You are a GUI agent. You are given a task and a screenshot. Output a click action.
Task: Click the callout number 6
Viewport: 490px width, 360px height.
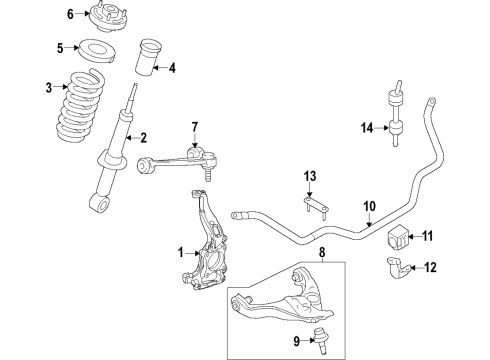coord(70,14)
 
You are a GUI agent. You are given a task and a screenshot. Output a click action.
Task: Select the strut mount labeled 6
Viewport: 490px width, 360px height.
coord(102,16)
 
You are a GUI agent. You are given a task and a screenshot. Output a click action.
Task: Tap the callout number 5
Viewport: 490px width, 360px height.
coord(60,47)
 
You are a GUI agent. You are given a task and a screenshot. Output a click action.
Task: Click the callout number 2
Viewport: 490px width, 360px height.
coord(143,137)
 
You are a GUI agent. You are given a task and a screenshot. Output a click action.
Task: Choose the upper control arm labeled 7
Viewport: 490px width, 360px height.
coord(176,155)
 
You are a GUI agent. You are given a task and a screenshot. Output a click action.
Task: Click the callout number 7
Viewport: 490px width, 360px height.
coord(196,125)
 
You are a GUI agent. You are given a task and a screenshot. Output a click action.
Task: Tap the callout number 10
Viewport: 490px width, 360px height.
coord(369,206)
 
